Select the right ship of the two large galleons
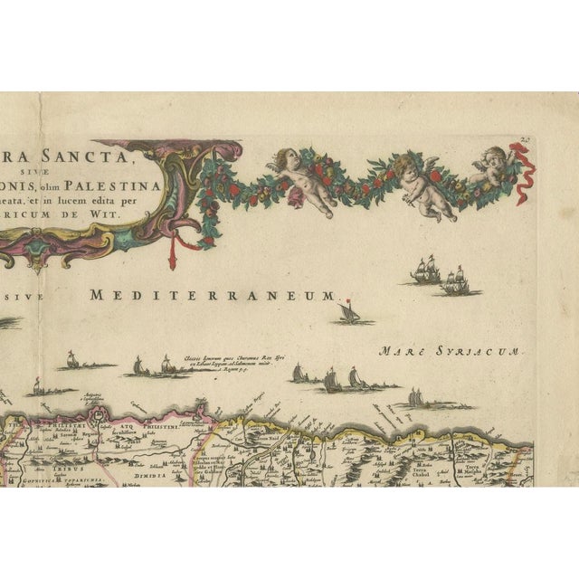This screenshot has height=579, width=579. [454, 284]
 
